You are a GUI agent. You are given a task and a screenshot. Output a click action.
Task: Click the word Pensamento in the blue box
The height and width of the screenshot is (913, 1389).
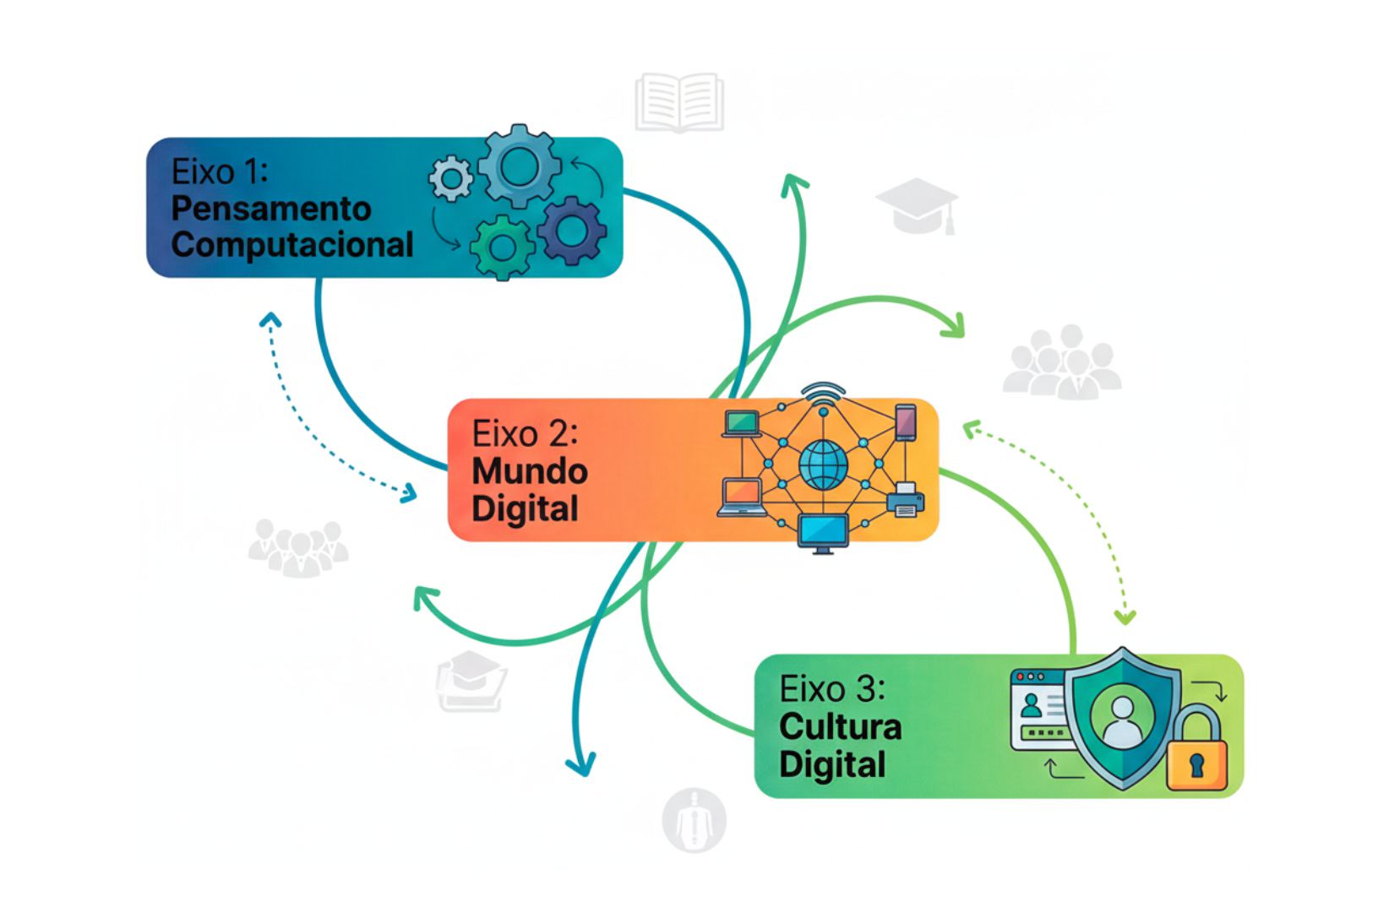271,209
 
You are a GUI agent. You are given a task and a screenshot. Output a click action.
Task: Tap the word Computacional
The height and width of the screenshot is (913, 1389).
292,245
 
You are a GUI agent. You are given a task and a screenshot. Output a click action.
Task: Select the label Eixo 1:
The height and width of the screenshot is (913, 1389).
220,171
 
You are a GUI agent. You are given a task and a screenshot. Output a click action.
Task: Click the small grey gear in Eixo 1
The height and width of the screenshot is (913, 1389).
451,178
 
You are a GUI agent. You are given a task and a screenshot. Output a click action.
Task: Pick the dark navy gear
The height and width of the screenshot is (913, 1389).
572,229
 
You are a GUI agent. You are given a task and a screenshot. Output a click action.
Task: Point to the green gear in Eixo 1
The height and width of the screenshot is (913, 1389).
502,247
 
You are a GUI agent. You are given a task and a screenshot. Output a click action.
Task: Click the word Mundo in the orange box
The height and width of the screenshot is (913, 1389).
530,471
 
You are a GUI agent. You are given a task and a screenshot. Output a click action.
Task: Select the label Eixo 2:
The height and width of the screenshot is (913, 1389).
525,434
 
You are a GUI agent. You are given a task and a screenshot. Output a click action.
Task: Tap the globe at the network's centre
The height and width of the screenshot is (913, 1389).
823,465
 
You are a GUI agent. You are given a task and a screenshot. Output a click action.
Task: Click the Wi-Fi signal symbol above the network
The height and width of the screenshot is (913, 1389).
823,394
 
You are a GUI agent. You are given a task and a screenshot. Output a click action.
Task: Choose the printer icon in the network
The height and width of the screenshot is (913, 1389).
905,499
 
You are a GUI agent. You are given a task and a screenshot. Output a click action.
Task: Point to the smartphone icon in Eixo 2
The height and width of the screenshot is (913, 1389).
905,422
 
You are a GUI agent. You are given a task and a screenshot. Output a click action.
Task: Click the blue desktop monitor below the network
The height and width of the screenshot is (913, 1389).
823,533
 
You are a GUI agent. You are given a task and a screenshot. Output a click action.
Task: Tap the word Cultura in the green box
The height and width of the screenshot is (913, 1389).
841,727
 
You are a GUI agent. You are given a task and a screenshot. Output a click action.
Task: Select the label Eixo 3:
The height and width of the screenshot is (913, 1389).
832,690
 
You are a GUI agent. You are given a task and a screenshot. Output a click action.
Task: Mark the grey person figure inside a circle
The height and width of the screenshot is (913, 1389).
694,820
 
